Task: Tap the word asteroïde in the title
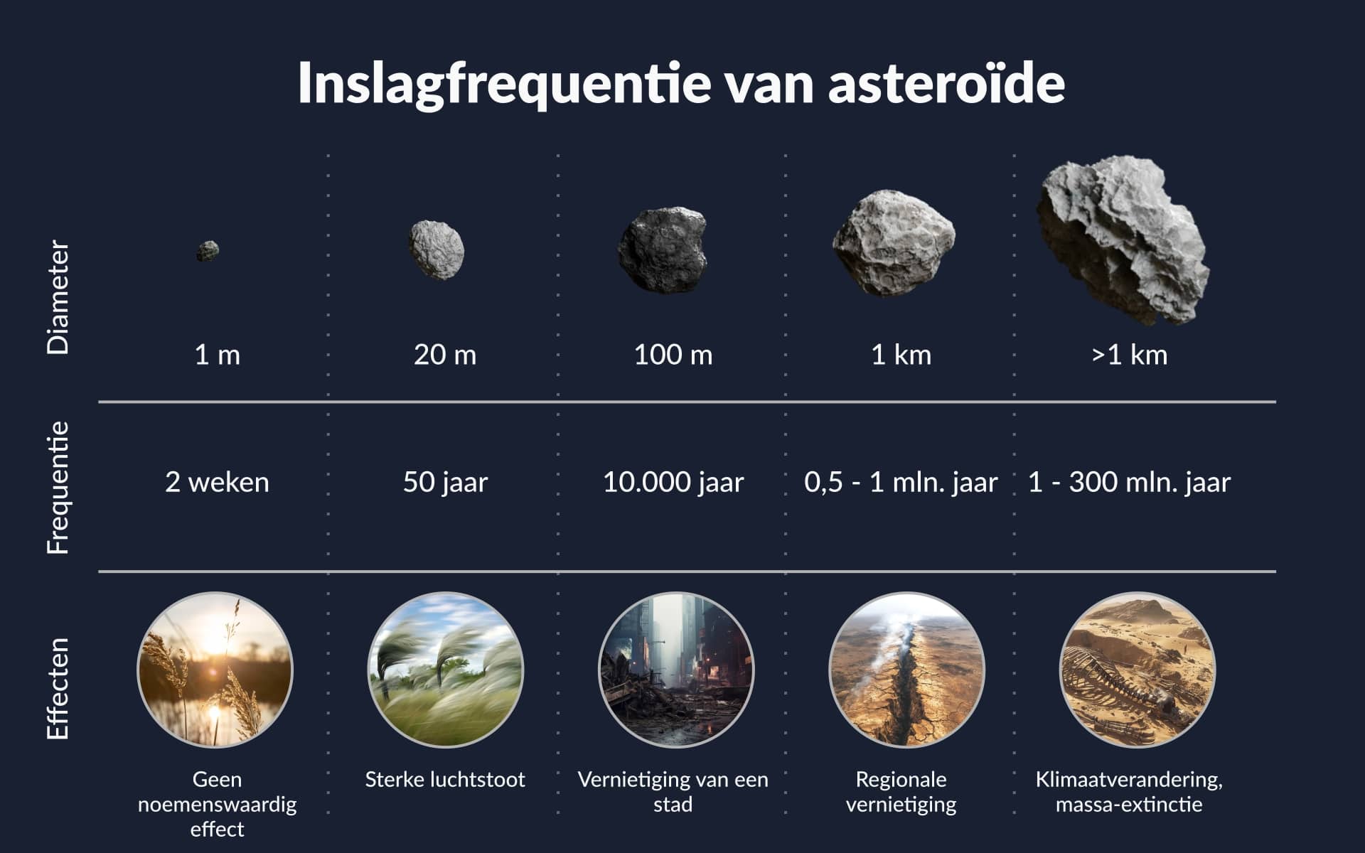point(946,82)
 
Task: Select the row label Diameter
point(58,297)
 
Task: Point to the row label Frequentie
point(58,488)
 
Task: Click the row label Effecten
point(58,689)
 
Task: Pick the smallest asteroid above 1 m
point(208,251)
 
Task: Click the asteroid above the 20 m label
point(437,250)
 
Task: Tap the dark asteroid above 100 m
point(663,250)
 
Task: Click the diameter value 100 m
point(673,355)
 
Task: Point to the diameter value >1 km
point(1129,355)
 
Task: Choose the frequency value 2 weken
point(218,483)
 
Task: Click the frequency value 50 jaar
point(446,483)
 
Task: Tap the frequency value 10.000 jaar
point(673,483)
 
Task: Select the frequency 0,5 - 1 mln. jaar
point(901,483)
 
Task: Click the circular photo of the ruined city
point(676,670)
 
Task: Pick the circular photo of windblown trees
point(446,670)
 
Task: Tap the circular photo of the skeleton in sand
point(1137,670)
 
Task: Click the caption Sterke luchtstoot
point(445,780)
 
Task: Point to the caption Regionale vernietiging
point(901,792)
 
